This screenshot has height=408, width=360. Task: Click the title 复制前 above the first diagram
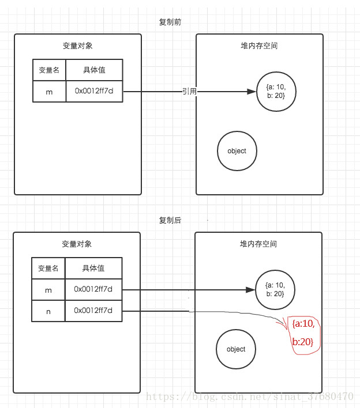point(170,22)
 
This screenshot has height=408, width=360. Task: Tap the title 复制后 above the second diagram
point(170,220)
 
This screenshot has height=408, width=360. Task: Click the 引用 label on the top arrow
point(189,92)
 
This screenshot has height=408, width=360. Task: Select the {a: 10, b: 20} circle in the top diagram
point(276,92)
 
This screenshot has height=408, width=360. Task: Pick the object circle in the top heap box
point(237,151)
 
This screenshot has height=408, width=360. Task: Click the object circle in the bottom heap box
point(236,349)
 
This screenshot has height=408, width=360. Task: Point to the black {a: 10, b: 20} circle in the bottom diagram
point(274,289)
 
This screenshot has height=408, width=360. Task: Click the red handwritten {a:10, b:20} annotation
point(303,333)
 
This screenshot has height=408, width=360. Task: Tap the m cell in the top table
point(49,91)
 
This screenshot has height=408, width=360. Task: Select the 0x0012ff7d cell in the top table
point(94,91)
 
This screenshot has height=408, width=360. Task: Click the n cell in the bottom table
point(48,311)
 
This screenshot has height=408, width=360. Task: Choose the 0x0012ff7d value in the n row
point(93,311)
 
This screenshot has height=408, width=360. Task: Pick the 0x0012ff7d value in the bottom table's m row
point(93,289)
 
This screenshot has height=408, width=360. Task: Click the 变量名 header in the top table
point(49,70)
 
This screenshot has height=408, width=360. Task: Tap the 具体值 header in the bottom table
point(93,268)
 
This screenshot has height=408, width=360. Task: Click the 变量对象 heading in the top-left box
point(77,46)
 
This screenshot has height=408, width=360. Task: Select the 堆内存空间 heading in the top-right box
point(259,46)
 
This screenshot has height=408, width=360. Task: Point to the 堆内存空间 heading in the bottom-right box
point(258,244)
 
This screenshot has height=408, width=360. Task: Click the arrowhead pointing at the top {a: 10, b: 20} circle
point(252,92)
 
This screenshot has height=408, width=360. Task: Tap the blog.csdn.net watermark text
point(249,397)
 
